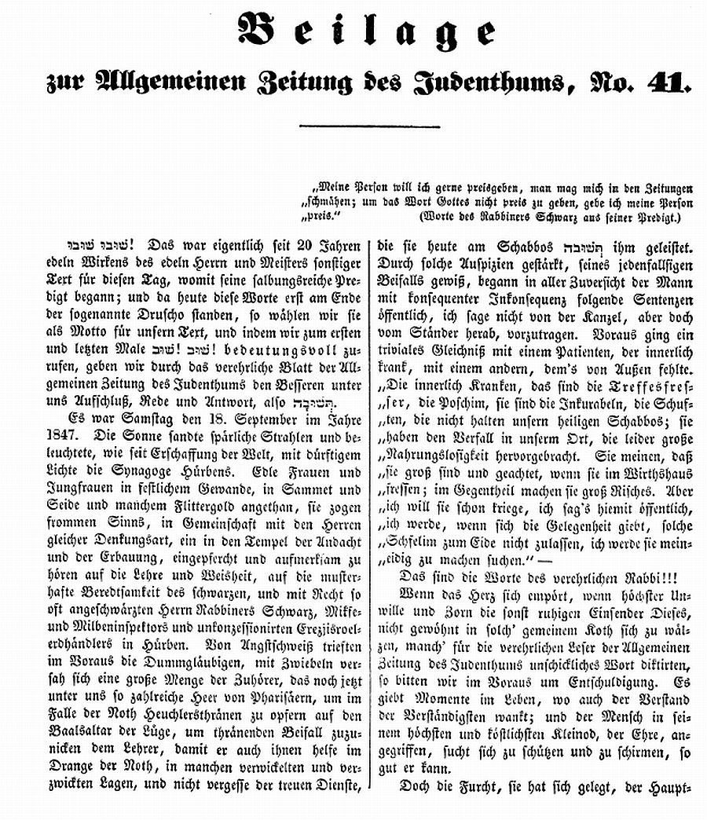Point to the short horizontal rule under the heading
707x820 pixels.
pyautogui.click(x=369, y=125)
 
